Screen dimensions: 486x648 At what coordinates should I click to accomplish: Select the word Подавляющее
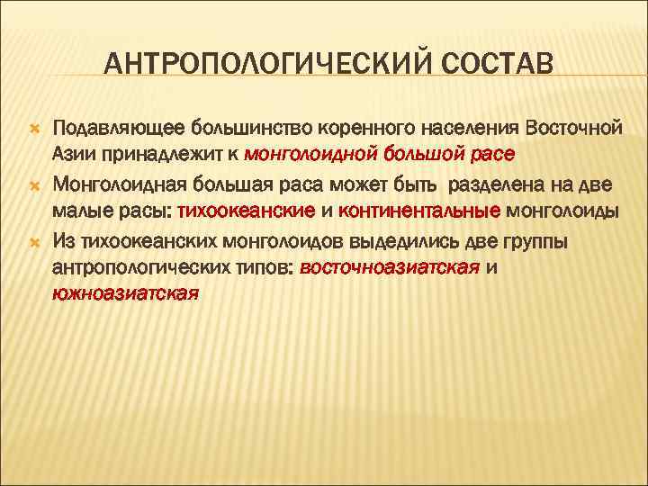pyautogui.click(x=111, y=129)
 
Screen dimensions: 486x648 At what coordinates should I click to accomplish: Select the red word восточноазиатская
pyautogui.click(x=389, y=267)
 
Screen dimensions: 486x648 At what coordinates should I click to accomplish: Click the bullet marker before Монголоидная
pyautogui.click(x=31, y=186)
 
